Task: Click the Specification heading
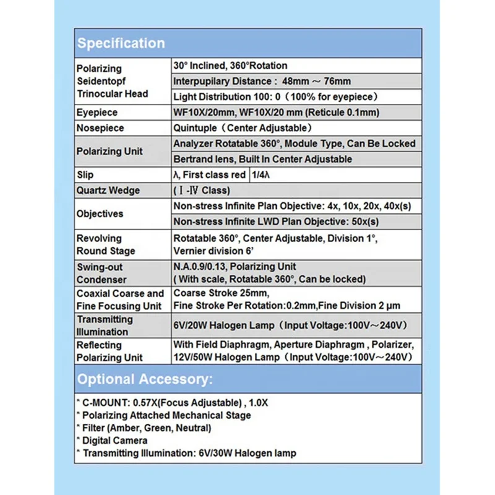[x=121, y=43]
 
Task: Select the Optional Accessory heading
[x=144, y=379]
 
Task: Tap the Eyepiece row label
[x=97, y=113]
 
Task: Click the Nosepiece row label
[x=100, y=128]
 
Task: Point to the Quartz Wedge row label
[x=108, y=191]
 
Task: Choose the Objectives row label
[x=100, y=213]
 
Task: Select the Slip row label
[x=85, y=174]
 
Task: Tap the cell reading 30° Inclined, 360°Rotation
[x=230, y=66]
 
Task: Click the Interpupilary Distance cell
[x=262, y=81]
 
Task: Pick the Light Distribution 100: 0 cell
[x=275, y=97]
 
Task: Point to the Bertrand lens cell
[x=262, y=159]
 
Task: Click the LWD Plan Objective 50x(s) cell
[x=276, y=222]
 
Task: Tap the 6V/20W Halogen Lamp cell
[x=289, y=325]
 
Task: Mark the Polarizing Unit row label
[x=110, y=151]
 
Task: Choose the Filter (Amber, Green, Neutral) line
[x=144, y=428]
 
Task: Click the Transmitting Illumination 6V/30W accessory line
[x=186, y=453]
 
